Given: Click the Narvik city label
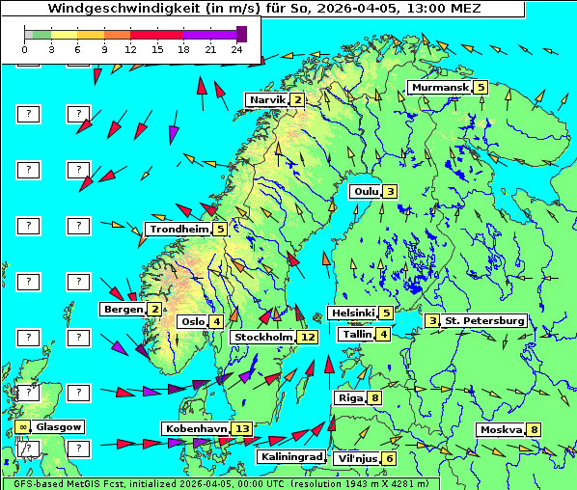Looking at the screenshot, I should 267,99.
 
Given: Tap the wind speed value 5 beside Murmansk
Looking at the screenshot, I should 481,88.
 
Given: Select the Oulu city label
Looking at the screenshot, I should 366,191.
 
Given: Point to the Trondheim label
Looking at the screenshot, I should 179,229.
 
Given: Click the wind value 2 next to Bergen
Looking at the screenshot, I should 154,309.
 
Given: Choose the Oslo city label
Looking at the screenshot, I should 192,321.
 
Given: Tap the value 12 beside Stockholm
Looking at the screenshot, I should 308,337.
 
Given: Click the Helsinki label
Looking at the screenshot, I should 352,313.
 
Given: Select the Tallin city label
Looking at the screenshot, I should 357,334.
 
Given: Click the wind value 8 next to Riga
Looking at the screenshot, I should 373,397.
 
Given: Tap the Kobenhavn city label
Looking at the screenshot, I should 196,428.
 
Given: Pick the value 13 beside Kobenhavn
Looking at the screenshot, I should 242,428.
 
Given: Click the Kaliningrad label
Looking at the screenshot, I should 290,456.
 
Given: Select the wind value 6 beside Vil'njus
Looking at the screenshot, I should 389,458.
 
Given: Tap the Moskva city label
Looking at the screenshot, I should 501,430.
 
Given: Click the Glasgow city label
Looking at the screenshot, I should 60,426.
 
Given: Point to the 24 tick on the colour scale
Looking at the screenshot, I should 236,48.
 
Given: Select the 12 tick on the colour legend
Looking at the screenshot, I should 131,48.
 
